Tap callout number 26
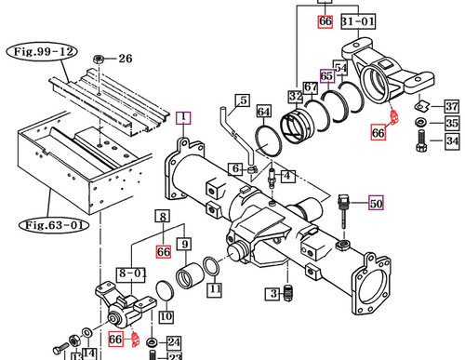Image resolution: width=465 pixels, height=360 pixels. [x=125, y=59]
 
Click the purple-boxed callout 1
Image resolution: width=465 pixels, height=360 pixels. [x=184, y=117]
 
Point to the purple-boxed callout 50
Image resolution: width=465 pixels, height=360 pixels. [x=376, y=203]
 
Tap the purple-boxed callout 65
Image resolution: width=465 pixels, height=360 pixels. [x=326, y=76]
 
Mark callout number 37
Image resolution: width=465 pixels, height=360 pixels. [x=451, y=105]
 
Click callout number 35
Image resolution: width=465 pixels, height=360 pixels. [x=452, y=123]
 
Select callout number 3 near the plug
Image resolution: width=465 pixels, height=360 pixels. [x=274, y=295]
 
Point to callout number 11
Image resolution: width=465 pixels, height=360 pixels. [x=215, y=289]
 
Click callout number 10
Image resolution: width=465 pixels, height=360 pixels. [x=166, y=316]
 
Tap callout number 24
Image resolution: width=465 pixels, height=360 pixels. [x=174, y=341]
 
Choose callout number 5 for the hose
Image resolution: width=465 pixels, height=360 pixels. [x=243, y=100]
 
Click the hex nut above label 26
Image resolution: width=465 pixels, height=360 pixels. [x=98, y=59]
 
